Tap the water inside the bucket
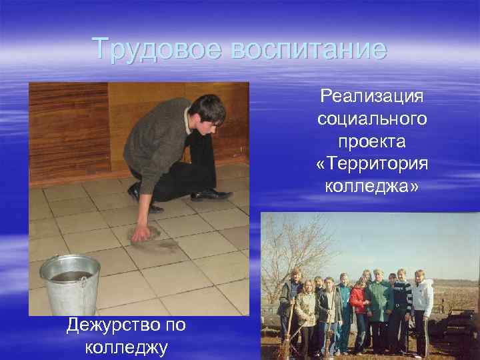69,274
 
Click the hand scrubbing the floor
141,233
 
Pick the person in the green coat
379,303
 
